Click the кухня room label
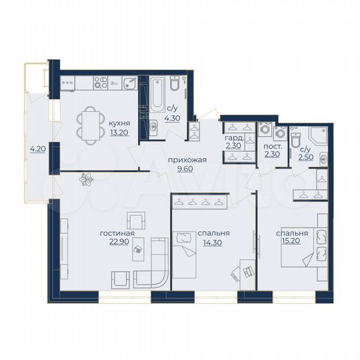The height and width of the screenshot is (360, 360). coord(120,123)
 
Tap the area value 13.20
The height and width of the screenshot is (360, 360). coord(120,131)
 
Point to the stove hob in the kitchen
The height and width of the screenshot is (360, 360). coord(101,83)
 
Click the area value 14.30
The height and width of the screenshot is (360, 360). coord(213,242)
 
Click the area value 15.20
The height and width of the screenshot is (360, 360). coord(291,242)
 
